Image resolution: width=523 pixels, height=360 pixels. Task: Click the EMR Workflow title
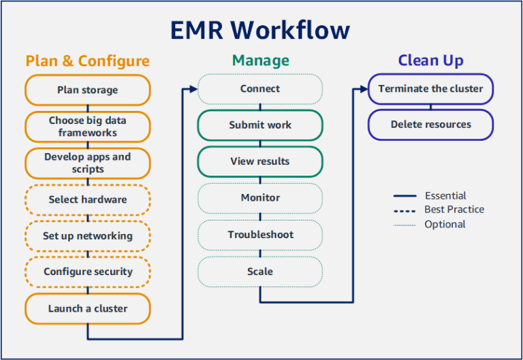pos(261,30)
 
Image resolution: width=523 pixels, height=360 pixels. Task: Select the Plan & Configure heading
pos(87,61)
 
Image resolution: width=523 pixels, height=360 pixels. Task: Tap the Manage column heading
pos(260,61)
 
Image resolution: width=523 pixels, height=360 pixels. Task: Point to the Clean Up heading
pos(430,61)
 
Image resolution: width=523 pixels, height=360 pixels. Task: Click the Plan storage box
pos(87,90)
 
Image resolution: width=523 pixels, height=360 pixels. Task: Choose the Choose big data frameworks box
pos(87,127)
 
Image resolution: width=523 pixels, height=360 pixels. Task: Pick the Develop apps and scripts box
pos(87,163)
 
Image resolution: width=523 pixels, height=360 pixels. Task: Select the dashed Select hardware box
pos(87,200)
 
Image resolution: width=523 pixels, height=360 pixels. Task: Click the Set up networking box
pos(87,236)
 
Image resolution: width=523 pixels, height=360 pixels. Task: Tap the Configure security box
pos(87,272)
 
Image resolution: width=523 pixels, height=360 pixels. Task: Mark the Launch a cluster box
pos(87,308)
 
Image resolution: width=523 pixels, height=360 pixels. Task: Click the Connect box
pos(259,89)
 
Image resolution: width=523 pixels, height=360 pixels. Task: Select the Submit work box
pos(259,125)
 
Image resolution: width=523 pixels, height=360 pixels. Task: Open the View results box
pos(259,162)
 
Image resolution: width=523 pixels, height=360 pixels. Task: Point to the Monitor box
pos(259,198)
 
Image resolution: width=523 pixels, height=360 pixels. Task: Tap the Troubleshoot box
pos(259,235)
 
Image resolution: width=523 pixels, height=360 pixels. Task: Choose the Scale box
pos(259,272)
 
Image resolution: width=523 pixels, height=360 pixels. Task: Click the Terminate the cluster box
pos(430,89)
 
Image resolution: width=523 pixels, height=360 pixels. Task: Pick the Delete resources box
pos(430,125)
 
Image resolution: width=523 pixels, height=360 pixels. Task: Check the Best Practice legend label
pos(454,210)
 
